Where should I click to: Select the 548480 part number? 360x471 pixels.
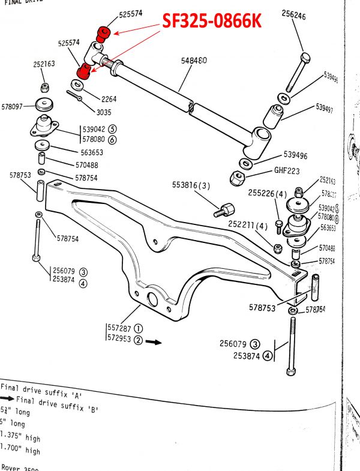(194, 61)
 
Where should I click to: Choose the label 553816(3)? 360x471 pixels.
(191, 187)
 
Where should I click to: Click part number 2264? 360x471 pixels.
(109, 99)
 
